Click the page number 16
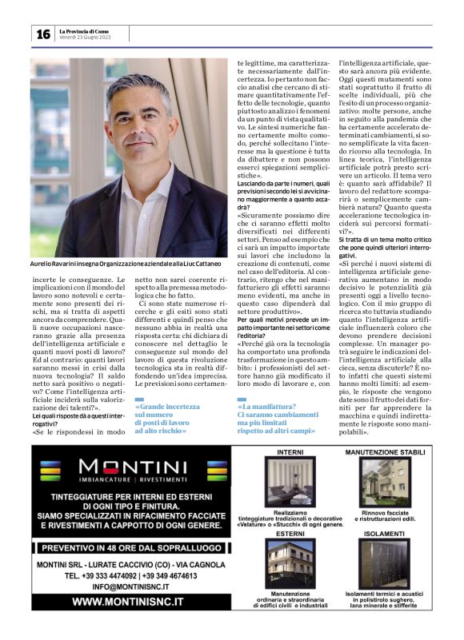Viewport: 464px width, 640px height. [42, 34]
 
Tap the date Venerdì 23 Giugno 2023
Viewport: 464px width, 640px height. [83, 38]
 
